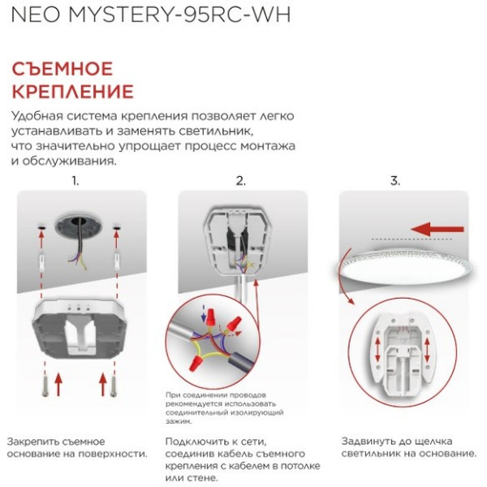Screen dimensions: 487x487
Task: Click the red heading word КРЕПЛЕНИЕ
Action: pos(71,90)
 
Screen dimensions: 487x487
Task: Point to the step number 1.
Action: pos(75,181)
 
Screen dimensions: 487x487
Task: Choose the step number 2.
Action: pos(240,181)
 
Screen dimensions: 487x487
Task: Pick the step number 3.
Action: pos(395,181)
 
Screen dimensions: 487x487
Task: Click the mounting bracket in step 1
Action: pos(80,329)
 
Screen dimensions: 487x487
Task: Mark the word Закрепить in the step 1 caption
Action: pos(32,441)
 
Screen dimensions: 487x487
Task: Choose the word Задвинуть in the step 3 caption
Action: pos(369,441)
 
